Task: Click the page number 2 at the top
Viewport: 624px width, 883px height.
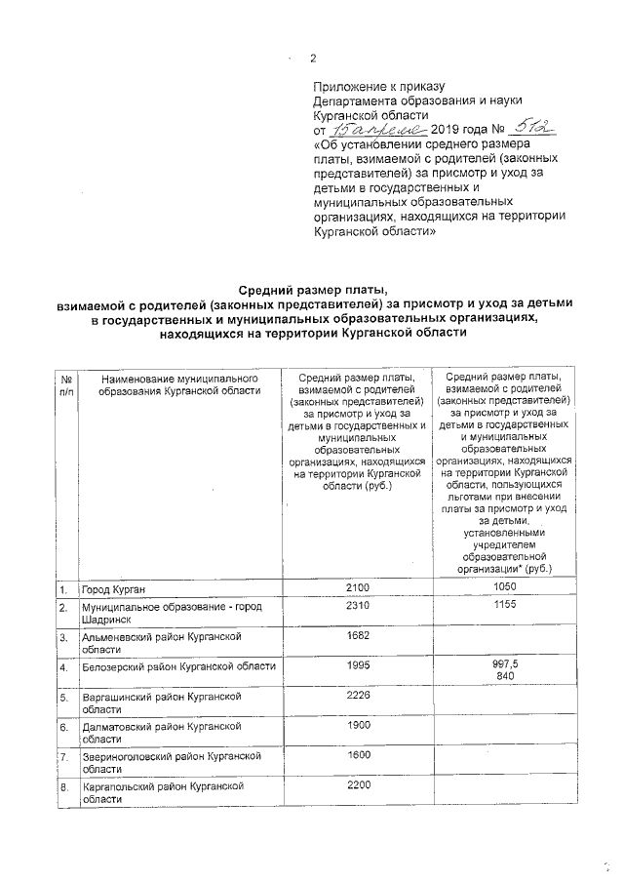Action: coord(313,58)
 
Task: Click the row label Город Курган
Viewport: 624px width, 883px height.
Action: coord(115,590)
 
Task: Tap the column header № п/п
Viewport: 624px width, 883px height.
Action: coord(66,384)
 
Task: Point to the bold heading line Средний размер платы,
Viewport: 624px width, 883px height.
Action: coord(313,288)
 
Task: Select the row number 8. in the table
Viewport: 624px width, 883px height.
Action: coord(62,785)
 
